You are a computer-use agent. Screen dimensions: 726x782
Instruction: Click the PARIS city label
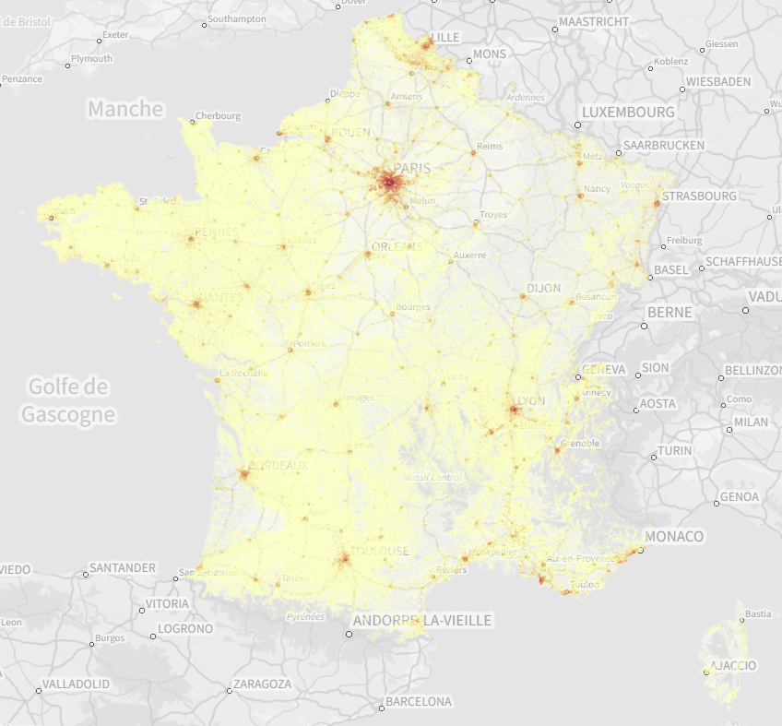[x=412, y=169]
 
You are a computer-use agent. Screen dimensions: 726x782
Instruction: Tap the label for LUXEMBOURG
[x=629, y=112]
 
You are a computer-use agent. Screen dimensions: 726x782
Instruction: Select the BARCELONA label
[x=419, y=702]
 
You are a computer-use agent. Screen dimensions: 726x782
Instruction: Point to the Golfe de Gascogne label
[x=68, y=400]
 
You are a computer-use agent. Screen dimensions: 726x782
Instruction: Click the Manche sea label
[x=125, y=109]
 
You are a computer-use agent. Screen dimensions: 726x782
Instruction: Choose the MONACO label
[x=674, y=537]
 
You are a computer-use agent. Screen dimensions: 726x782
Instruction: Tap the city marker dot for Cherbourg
[x=193, y=122]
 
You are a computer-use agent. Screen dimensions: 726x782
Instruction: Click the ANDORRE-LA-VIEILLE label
[x=422, y=621]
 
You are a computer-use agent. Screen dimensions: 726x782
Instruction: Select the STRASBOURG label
[x=699, y=196]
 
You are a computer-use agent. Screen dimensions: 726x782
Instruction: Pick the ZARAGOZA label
[x=262, y=684]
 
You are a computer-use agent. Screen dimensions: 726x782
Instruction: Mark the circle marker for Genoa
[x=717, y=504]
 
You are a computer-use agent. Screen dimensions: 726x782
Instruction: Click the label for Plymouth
[x=91, y=59]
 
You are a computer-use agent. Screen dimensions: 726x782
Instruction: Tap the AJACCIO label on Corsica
[x=733, y=665]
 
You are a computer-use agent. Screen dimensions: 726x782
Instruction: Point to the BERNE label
[x=669, y=313]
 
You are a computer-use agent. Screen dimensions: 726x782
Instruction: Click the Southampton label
[x=237, y=18]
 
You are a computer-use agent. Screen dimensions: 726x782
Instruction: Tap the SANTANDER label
[x=124, y=567]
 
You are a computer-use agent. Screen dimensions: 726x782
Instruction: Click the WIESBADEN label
[x=718, y=81]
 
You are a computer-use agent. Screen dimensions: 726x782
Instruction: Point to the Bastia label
[x=758, y=613]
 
